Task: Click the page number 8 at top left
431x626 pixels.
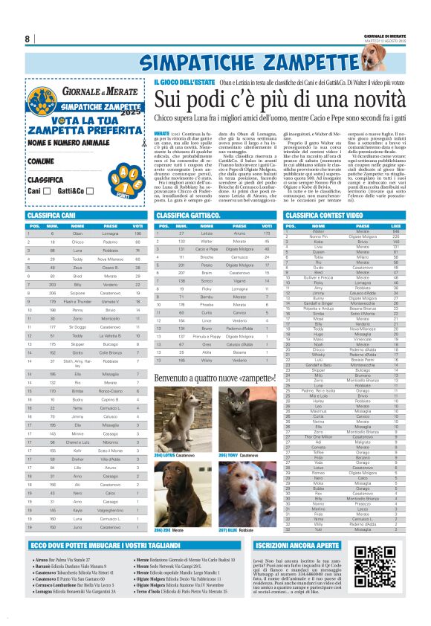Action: tap(27, 39)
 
